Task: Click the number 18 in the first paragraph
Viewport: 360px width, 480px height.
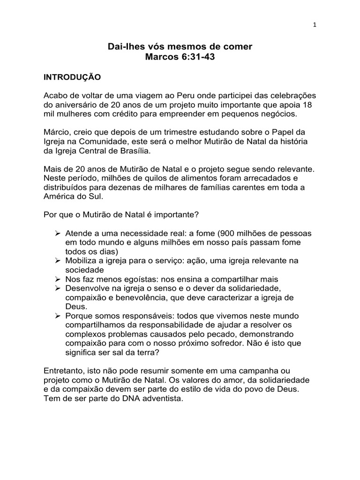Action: (311, 105)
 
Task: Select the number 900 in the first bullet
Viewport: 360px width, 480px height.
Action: (233, 233)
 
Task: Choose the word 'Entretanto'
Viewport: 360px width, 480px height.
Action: (65, 370)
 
